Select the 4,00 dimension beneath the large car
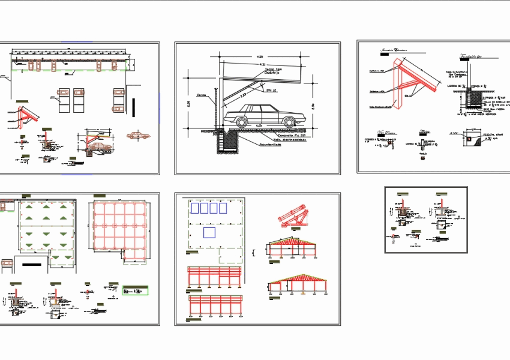[x=259, y=125]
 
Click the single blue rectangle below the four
[x=209, y=232]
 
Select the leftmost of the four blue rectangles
[x=194, y=208]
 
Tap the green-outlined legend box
[x=136, y=290]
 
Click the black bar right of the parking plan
[x=136, y=107]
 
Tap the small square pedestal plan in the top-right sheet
[x=469, y=139]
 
